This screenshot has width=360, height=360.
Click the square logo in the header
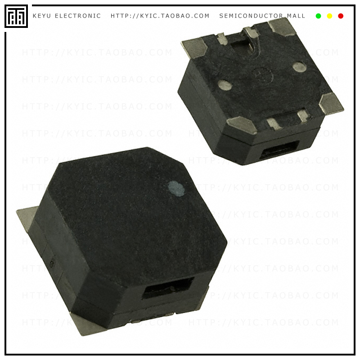[x=16, y=16]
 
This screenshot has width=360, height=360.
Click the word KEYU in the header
[x=42, y=16]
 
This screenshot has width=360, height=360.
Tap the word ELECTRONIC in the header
[x=78, y=16]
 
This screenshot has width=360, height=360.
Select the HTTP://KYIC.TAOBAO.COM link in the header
[x=160, y=16]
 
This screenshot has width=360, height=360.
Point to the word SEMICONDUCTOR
[x=252, y=16]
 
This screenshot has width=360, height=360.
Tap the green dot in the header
[x=319, y=16]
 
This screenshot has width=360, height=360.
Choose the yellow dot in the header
[x=329, y=16]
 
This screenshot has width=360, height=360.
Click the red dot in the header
[x=341, y=16]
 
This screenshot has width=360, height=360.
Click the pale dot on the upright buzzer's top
[x=176, y=189]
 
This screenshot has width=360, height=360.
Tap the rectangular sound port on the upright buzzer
[x=168, y=288]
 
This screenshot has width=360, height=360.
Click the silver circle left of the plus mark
[x=225, y=85]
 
